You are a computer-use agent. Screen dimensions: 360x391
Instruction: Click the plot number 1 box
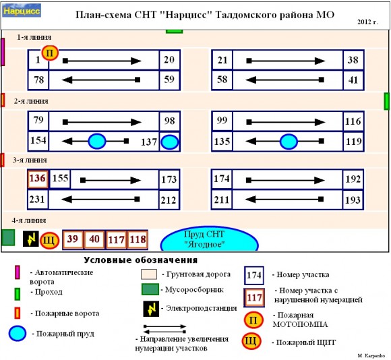point(38,61)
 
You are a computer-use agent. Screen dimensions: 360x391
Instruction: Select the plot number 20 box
point(169,61)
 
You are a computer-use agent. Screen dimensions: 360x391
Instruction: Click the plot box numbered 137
point(149,142)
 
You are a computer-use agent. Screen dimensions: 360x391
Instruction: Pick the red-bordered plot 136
point(37,179)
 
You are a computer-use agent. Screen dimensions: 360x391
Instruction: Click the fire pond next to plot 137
point(170,142)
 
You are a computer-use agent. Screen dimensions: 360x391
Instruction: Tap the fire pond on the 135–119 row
point(289,142)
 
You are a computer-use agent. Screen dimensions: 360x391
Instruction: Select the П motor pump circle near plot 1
point(50,52)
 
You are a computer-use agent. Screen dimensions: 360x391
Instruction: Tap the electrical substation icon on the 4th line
point(30,239)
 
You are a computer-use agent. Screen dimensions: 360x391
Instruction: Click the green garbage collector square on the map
point(8,238)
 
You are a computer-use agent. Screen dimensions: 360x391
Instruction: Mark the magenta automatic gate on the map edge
point(3,52)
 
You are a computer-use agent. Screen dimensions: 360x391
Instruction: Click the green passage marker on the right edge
point(387,101)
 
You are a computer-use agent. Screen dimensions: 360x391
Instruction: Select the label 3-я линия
point(30,160)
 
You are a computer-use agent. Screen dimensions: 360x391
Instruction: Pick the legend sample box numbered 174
point(254,275)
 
